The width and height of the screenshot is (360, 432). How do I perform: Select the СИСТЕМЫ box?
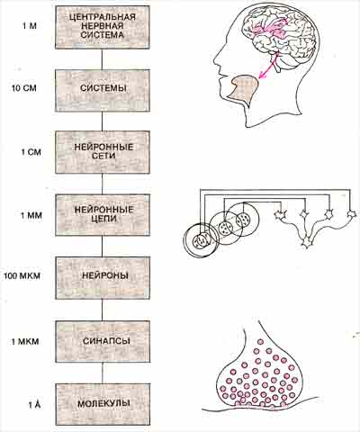click(x=103, y=90)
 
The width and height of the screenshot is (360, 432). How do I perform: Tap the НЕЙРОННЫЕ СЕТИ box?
click(x=103, y=152)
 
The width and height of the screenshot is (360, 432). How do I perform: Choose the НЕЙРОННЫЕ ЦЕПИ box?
click(x=103, y=215)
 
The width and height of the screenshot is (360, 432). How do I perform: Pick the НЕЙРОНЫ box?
click(x=103, y=278)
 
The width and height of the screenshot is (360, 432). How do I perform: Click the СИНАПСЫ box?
click(x=103, y=341)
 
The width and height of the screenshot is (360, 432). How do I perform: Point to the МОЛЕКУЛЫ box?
click(x=103, y=404)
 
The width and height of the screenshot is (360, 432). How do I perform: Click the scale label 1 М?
click(x=29, y=26)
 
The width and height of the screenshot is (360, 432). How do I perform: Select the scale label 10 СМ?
click(x=24, y=89)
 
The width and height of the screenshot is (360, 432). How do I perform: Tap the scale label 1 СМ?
click(x=31, y=152)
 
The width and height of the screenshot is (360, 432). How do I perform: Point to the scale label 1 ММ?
click(x=31, y=215)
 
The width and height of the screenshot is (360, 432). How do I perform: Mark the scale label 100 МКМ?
click(x=22, y=275)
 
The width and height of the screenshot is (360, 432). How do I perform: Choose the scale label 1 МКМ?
click(x=25, y=342)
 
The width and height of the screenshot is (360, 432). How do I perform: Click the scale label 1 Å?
click(x=34, y=405)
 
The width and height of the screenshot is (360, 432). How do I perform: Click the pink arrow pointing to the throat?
click(x=267, y=68)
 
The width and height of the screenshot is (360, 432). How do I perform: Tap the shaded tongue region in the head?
click(x=244, y=89)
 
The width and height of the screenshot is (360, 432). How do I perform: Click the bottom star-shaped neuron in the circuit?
click(x=307, y=242)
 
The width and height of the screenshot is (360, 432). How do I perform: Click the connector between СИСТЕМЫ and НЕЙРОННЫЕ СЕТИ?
click(x=103, y=121)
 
